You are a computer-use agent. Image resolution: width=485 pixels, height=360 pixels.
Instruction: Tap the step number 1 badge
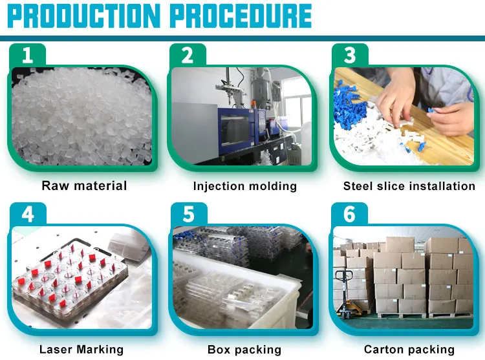[27, 55]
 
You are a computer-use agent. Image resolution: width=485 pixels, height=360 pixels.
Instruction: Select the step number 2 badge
[188, 55]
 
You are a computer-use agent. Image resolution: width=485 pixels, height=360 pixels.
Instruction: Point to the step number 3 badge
[350, 55]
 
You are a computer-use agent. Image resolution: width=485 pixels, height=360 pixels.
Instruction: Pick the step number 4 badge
[27, 214]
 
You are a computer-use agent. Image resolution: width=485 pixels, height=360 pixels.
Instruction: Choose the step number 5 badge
[188, 214]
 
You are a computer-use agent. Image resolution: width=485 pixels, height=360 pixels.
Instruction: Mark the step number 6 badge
[350, 214]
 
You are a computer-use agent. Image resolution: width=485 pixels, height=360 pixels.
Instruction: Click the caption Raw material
[84, 186]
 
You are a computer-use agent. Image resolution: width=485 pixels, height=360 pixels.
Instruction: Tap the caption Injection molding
[245, 186]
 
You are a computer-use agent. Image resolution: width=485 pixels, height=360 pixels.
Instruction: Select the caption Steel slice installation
[409, 186]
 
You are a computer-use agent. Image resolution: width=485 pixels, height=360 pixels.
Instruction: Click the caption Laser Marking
[81, 350]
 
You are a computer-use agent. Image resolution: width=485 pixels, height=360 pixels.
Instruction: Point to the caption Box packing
[244, 350]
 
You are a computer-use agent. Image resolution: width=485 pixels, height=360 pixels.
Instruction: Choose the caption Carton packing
[409, 350]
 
